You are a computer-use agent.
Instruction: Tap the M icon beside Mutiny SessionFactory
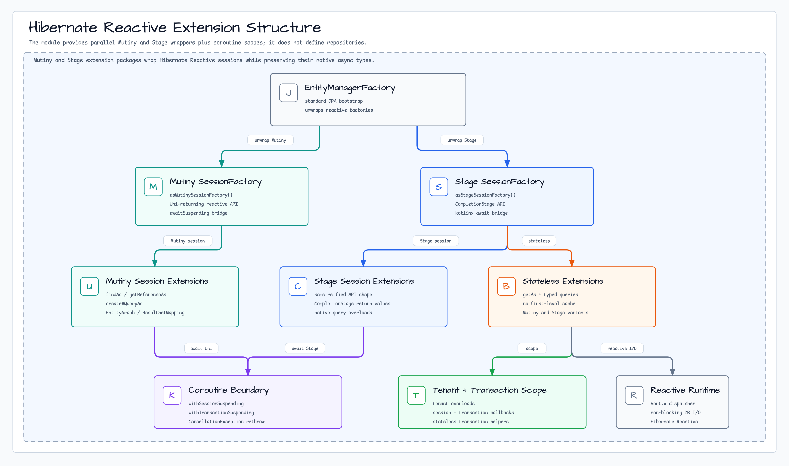click(153, 187)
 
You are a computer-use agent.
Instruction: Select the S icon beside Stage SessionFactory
click(439, 187)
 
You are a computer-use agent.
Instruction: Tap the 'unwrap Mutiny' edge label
click(270, 140)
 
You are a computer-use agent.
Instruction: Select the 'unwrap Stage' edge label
click(462, 140)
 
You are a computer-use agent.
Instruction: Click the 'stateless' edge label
click(539, 241)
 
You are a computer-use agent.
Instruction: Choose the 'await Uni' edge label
click(201, 348)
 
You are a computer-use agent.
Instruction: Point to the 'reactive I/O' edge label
click(622, 348)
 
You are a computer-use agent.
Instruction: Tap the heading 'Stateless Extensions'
click(563, 281)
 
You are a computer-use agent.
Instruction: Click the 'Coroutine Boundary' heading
click(228, 390)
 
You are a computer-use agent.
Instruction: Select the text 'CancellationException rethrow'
click(226, 421)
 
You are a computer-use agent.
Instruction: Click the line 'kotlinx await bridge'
click(481, 213)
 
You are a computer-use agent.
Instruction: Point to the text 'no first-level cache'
click(549, 303)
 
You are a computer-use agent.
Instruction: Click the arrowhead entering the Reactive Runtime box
click(672, 372)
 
